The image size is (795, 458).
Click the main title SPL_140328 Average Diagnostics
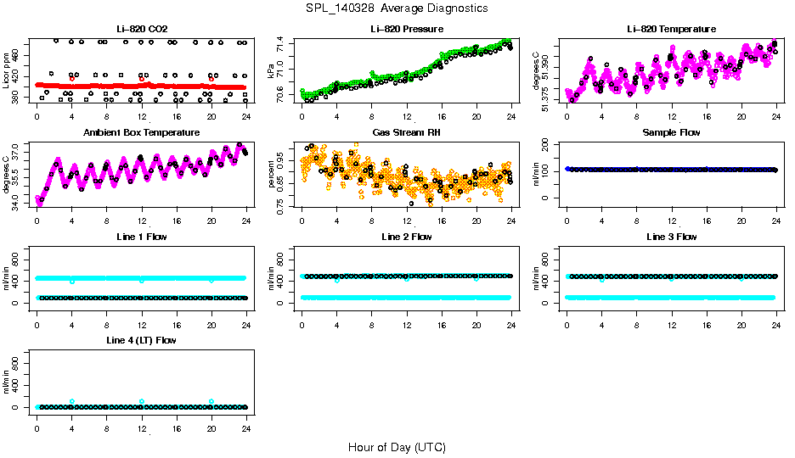[397, 8]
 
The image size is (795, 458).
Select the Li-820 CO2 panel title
[142, 29]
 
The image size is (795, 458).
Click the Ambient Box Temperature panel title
[142, 132]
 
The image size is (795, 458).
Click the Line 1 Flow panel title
[142, 237]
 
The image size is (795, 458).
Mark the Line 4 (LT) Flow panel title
[142, 340]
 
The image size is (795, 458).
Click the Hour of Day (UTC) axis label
[397, 446]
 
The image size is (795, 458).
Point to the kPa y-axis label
[272, 71]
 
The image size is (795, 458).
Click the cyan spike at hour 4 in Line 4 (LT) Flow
[72, 401]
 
